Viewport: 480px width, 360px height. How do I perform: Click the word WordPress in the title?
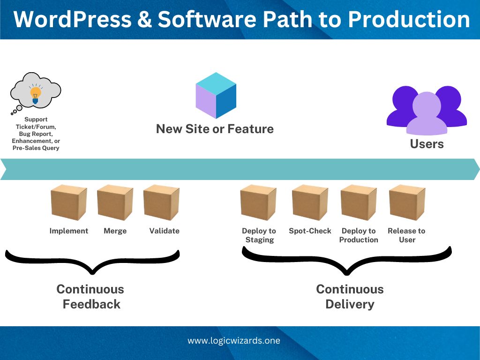[x=73, y=19]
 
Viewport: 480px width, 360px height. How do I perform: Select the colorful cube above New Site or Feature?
[x=216, y=95]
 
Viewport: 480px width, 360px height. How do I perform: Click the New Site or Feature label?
[x=215, y=129]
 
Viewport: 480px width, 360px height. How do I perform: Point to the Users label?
[x=427, y=144]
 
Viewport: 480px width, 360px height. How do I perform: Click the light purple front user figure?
[x=427, y=113]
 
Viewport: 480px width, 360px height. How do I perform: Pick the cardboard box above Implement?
[x=69, y=202]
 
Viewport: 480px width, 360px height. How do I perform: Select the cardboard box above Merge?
[x=115, y=202]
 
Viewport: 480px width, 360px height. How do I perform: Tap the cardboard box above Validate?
[x=161, y=202]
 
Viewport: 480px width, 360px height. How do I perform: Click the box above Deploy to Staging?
[x=258, y=202]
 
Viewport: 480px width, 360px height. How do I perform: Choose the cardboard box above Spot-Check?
[x=310, y=202]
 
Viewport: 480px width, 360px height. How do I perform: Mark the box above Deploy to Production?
[x=359, y=202]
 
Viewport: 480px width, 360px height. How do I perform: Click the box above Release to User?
[x=407, y=202]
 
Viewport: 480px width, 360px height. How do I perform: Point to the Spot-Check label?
[x=310, y=231]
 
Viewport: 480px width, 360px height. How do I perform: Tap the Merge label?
[x=115, y=231]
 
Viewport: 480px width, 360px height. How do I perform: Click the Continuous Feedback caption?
[x=90, y=297]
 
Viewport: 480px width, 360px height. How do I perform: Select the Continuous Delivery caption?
[x=350, y=297]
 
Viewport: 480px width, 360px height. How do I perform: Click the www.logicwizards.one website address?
[x=234, y=341]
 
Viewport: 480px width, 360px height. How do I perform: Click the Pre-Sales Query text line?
[x=36, y=148]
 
